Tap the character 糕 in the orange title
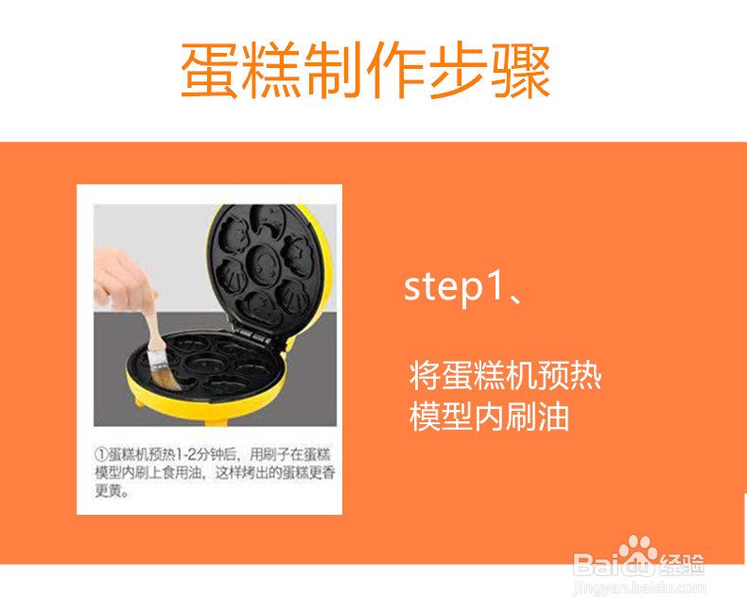pos(274,70)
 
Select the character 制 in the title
pos(336,70)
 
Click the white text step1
pos(450,287)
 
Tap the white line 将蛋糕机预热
pos(505,376)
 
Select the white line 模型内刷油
pos(489,417)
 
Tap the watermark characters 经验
pos(684,565)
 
